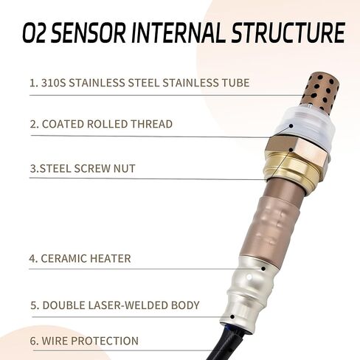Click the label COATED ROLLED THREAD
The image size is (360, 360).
101,124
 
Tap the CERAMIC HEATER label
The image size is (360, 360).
80,258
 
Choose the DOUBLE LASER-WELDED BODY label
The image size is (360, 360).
115,305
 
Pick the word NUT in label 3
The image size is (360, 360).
123,168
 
